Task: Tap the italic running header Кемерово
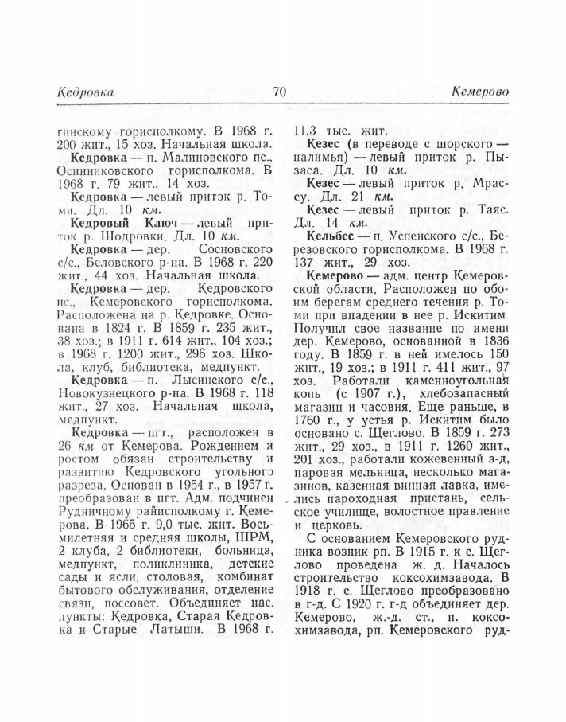(479, 92)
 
